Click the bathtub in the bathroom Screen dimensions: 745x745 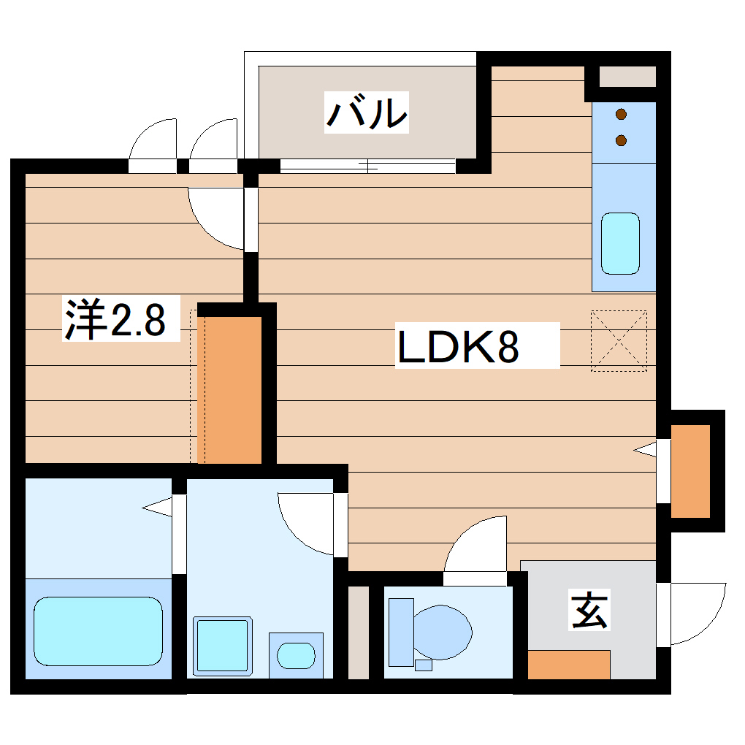coord(98,631)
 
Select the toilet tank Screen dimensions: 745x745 coord(400,632)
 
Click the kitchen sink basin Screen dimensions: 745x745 coord(619,243)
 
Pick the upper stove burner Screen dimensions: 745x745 coord(622,114)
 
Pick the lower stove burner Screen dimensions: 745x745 coord(622,140)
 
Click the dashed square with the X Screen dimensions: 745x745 coord(619,340)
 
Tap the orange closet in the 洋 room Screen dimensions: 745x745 coord(229,389)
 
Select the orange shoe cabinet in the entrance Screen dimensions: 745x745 coord(568,664)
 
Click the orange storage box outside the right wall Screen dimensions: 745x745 coord(690,470)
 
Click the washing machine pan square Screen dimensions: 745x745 coord(222,646)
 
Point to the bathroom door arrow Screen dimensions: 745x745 coord(156,506)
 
